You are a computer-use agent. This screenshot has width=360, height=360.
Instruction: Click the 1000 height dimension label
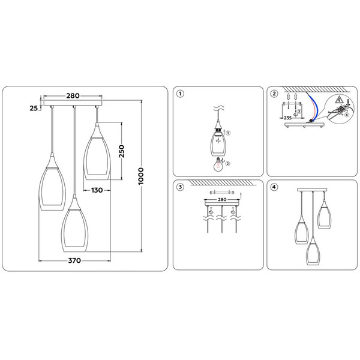point(142,176)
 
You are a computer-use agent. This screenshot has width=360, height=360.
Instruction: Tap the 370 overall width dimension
point(74,261)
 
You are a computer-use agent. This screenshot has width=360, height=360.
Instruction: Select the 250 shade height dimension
point(121,151)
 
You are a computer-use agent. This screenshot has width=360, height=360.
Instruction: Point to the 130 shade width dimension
point(99,190)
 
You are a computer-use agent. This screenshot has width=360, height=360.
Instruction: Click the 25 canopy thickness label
point(34,108)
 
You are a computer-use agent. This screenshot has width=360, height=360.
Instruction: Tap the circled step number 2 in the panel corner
point(274,94)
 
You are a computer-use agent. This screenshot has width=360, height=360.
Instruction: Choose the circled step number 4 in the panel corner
point(274,187)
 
